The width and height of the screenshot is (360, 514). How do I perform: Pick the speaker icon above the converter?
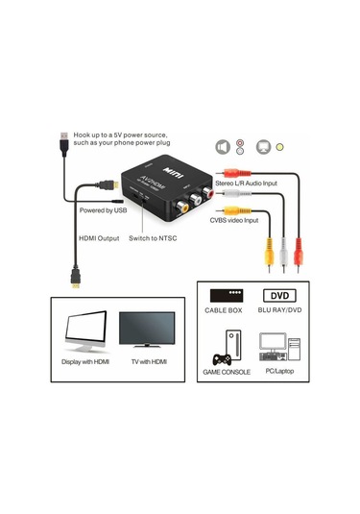224,146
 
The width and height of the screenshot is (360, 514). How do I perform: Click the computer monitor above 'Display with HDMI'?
86,335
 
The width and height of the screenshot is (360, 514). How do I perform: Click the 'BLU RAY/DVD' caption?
279,311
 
